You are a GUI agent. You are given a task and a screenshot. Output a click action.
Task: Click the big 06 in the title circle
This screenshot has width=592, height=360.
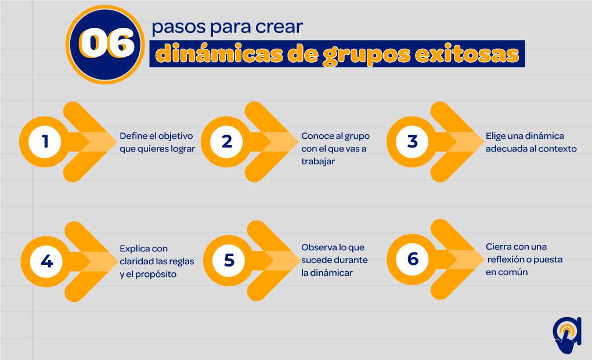107,44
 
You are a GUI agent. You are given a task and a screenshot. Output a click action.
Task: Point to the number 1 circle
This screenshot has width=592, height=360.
45,142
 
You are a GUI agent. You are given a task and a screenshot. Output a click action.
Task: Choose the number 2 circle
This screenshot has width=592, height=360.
226,142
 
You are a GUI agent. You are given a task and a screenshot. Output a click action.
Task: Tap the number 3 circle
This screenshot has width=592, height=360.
412,142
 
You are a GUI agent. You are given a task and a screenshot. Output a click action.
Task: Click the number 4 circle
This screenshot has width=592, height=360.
46,261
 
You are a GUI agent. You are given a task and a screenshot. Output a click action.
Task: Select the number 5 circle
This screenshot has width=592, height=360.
229,260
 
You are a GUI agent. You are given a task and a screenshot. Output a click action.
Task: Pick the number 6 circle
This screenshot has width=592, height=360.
413,259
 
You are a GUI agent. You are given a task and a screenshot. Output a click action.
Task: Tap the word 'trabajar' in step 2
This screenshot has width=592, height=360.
318,161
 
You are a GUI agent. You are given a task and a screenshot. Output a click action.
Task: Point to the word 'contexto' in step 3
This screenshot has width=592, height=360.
558,149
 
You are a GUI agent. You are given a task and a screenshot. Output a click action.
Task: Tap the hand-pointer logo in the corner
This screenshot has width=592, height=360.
566,334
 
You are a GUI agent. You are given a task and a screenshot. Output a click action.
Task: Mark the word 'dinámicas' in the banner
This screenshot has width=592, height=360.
219,53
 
